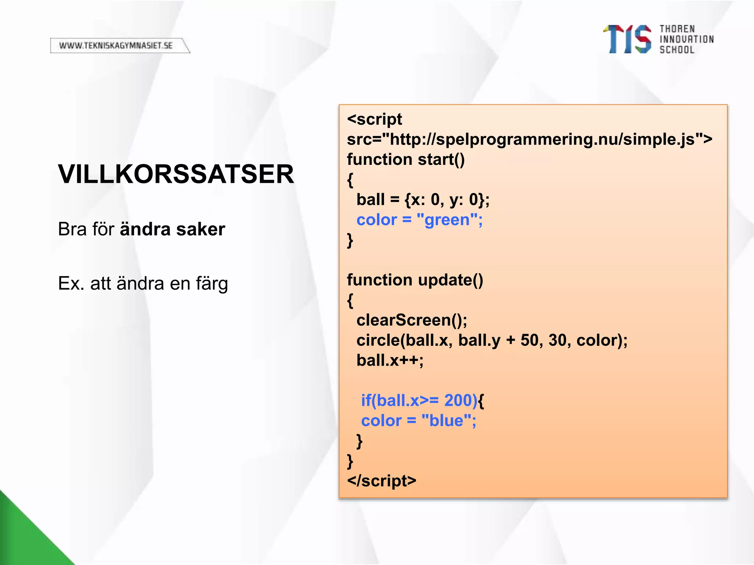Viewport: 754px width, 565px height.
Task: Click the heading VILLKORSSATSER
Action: tap(176, 174)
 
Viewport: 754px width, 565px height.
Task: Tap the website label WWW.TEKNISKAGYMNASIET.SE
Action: tap(116, 46)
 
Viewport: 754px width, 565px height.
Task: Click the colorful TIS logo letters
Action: tap(627, 39)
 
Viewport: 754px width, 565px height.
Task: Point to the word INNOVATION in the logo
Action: tap(687, 39)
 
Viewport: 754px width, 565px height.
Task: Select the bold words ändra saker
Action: tap(172, 229)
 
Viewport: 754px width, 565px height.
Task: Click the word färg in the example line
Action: tap(212, 284)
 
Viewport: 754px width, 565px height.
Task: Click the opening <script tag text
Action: tap(374, 120)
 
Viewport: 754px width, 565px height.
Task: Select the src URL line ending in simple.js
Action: tap(529, 139)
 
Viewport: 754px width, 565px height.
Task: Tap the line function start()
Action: tap(406, 160)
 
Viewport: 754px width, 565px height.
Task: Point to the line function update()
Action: tap(415, 280)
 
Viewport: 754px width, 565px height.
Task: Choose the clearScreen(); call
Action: tap(412, 320)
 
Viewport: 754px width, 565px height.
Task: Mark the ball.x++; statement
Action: tap(390, 360)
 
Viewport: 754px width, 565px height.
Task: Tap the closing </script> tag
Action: tap(381, 481)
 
